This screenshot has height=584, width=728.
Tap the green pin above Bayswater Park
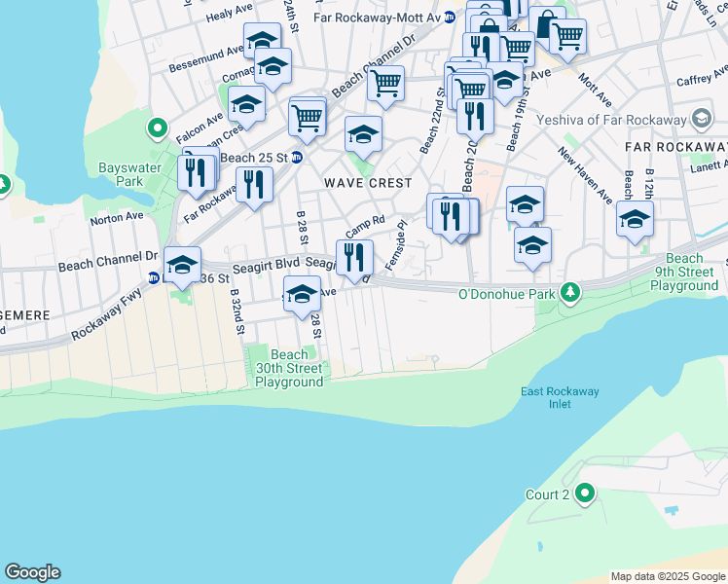point(157,128)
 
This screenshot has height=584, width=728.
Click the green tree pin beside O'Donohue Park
point(574,292)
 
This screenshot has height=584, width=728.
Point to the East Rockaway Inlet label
point(560,397)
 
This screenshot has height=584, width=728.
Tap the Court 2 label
point(547,494)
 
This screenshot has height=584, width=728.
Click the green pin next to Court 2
point(584,494)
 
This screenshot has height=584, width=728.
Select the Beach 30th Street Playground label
point(289,369)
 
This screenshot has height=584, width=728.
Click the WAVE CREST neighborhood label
point(369,183)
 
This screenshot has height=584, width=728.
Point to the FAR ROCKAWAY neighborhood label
point(674,146)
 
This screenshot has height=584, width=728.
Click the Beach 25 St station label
point(256,158)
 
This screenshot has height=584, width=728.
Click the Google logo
point(32,572)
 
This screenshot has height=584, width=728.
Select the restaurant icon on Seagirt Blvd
point(353,257)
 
